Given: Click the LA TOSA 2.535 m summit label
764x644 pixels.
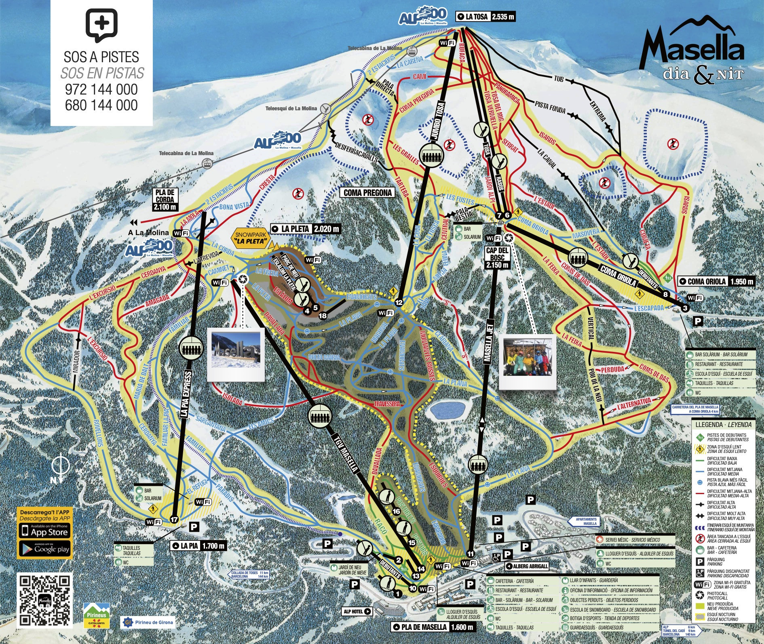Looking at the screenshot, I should pyautogui.click(x=485, y=17).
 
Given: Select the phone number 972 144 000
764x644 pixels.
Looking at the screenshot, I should pyautogui.click(x=101, y=89).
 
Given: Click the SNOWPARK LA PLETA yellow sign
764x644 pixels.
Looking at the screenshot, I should pyautogui.click(x=250, y=239).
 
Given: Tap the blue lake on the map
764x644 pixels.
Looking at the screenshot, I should pyautogui.click(x=447, y=410).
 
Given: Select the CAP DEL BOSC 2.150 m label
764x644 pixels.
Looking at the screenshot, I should pyautogui.click(x=497, y=258).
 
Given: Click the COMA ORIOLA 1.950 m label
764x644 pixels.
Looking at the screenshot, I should pyautogui.click(x=715, y=281).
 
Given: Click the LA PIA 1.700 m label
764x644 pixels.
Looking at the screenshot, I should pyautogui.click(x=198, y=546).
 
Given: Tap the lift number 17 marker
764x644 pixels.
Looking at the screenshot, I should pyautogui.click(x=174, y=520).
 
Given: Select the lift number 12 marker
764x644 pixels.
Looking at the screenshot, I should pyautogui.click(x=399, y=302).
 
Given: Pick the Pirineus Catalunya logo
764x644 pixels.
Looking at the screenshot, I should pyautogui.click(x=96, y=616).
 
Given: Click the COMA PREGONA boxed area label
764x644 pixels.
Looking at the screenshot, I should pyautogui.click(x=367, y=193).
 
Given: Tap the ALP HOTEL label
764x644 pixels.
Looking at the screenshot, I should pyautogui.click(x=357, y=611).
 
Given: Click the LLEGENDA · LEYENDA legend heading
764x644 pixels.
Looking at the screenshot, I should pyautogui.click(x=723, y=425).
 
